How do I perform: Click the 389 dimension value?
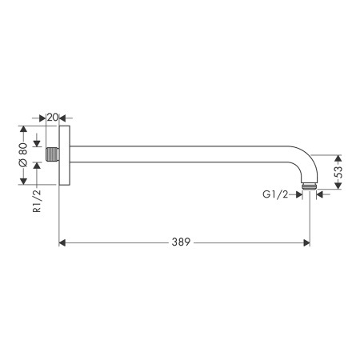point(181,242)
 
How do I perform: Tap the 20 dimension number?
point(53,118)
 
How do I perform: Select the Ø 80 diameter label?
point(23,155)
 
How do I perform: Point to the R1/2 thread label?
point(37,201)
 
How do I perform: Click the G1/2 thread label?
point(275,195)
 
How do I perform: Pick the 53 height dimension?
point(338,172)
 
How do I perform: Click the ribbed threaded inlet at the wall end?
point(53,154)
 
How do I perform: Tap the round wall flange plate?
point(64,155)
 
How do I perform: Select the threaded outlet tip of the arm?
point(310,186)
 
